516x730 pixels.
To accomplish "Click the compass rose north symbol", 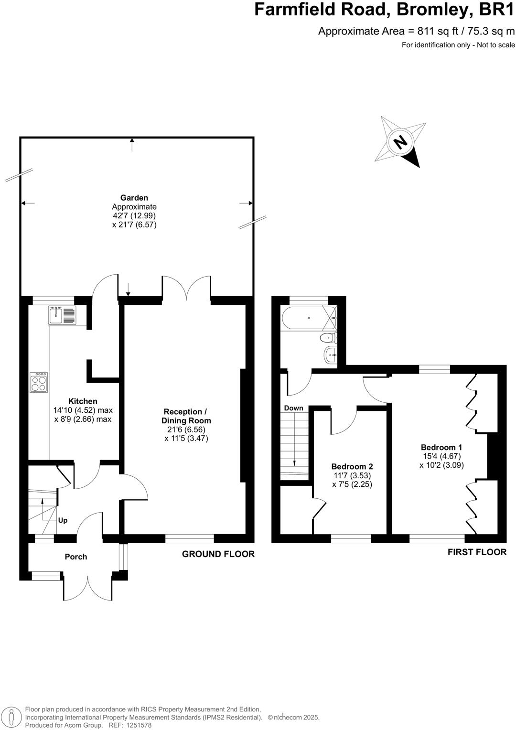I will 400,141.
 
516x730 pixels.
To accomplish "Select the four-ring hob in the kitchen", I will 39,382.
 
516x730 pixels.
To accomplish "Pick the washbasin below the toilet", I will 330,355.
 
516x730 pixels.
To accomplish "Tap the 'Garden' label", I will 134,198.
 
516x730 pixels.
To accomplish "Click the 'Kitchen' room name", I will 83,401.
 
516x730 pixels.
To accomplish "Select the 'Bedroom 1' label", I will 441,447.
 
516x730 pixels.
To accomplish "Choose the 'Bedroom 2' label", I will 352,466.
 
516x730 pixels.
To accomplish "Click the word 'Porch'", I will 76,557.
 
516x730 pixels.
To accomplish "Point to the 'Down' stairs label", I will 293,408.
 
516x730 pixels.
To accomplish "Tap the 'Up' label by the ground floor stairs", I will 63,520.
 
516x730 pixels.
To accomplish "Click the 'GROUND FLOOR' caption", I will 218,554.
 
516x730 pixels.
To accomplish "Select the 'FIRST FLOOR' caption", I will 476,552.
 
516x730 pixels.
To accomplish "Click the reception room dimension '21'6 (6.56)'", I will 186,429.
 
